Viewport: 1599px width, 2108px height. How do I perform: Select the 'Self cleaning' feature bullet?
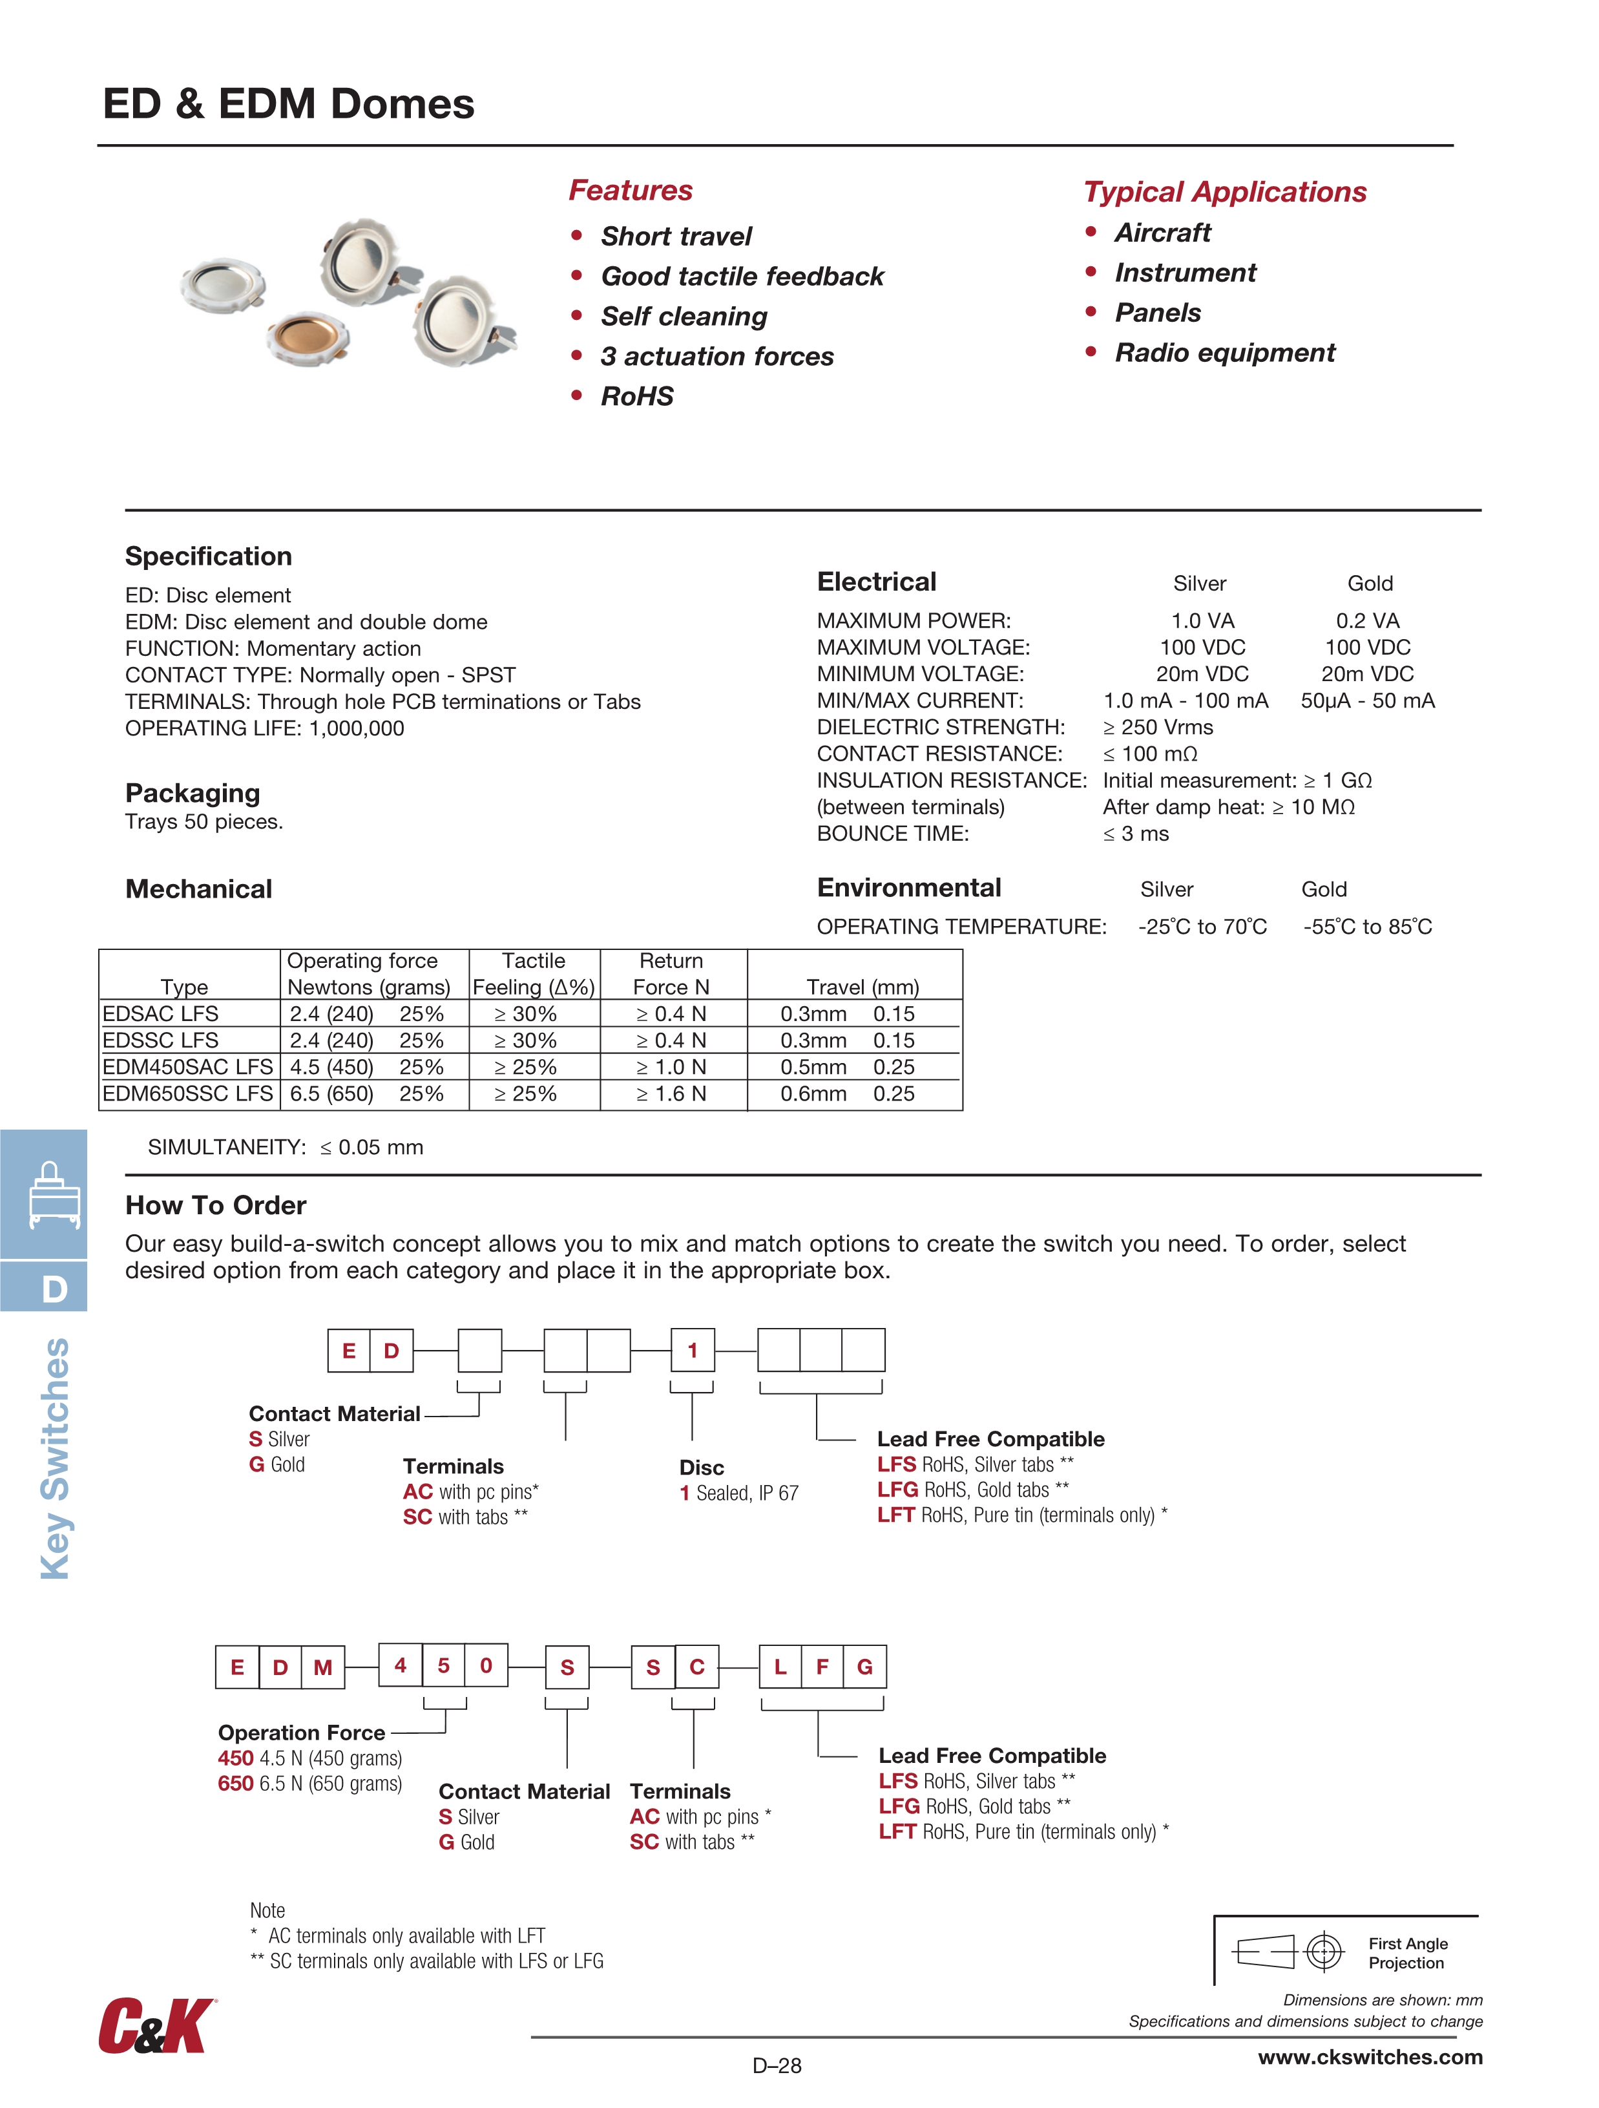(x=684, y=317)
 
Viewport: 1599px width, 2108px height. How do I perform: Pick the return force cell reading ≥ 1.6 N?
(x=672, y=1094)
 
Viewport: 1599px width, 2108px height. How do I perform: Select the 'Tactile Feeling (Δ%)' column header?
(x=534, y=974)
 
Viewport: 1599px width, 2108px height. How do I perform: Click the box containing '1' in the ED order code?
(x=693, y=1351)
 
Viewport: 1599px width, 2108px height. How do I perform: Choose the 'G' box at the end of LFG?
(x=864, y=1667)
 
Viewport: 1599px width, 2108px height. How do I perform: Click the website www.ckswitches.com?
(x=1370, y=2058)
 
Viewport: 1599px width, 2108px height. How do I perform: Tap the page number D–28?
(x=777, y=2066)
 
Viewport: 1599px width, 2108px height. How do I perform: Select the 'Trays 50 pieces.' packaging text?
(x=204, y=823)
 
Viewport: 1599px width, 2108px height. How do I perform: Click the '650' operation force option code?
(x=235, y=1784)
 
